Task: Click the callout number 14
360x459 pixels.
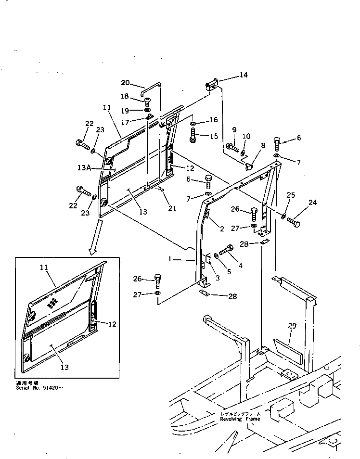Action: tap(244, 75)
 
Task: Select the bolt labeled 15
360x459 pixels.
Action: tap(193, 137)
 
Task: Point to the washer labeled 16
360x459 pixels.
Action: tap(193, 124)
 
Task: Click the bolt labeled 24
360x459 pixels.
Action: tap(293, 223)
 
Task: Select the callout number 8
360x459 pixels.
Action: tap(263, 145)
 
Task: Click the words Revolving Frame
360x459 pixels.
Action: tap(240, 419)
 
